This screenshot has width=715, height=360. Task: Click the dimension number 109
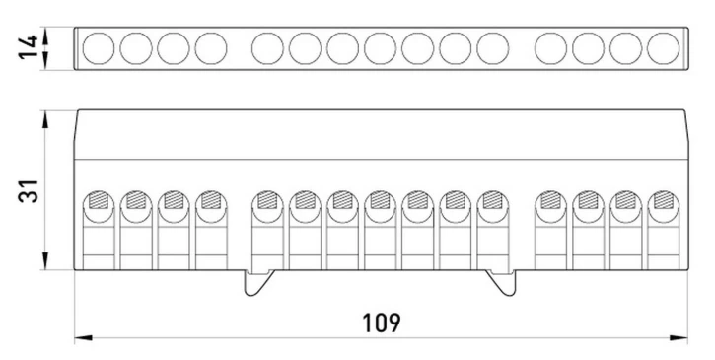click(x=382, y=323)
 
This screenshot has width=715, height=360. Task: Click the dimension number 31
click(x=29, y=191)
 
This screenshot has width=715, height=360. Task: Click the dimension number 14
click(x=28, y=47)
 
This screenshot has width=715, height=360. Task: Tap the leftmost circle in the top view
click(x=99, y=48)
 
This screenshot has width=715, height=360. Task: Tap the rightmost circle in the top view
click(x=663, y=48)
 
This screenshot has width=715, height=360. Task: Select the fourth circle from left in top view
click(x=211, y=48)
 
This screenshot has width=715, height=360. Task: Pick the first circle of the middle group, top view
click(x=267, y=48)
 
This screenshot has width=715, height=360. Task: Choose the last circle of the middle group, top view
click(x=493, y=48)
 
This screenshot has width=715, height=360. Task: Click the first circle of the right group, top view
click(x=551, y=48)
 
